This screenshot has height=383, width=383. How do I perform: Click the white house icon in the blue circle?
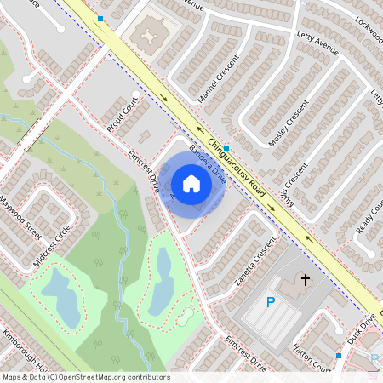(x=191, y=184)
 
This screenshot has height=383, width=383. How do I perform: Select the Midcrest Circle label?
(x=51, y=245)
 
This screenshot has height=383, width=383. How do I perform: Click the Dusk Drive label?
(x=361, y=328)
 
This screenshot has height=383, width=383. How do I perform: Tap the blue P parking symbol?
(x=271, y=302)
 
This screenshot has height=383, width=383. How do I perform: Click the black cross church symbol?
(x=304, y=279)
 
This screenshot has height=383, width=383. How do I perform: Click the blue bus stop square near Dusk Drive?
(x=338, y=355)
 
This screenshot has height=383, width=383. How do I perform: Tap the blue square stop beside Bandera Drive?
(x=226, y=147)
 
